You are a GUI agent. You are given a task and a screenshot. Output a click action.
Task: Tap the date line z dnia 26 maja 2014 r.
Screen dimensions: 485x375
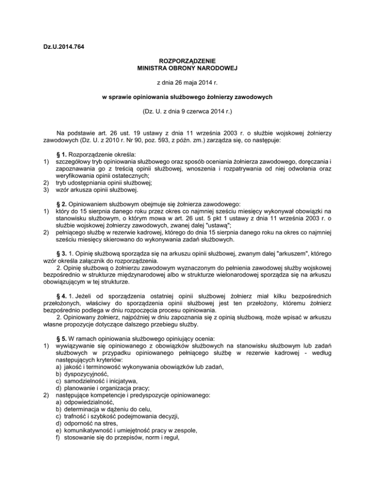coord(187,83)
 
